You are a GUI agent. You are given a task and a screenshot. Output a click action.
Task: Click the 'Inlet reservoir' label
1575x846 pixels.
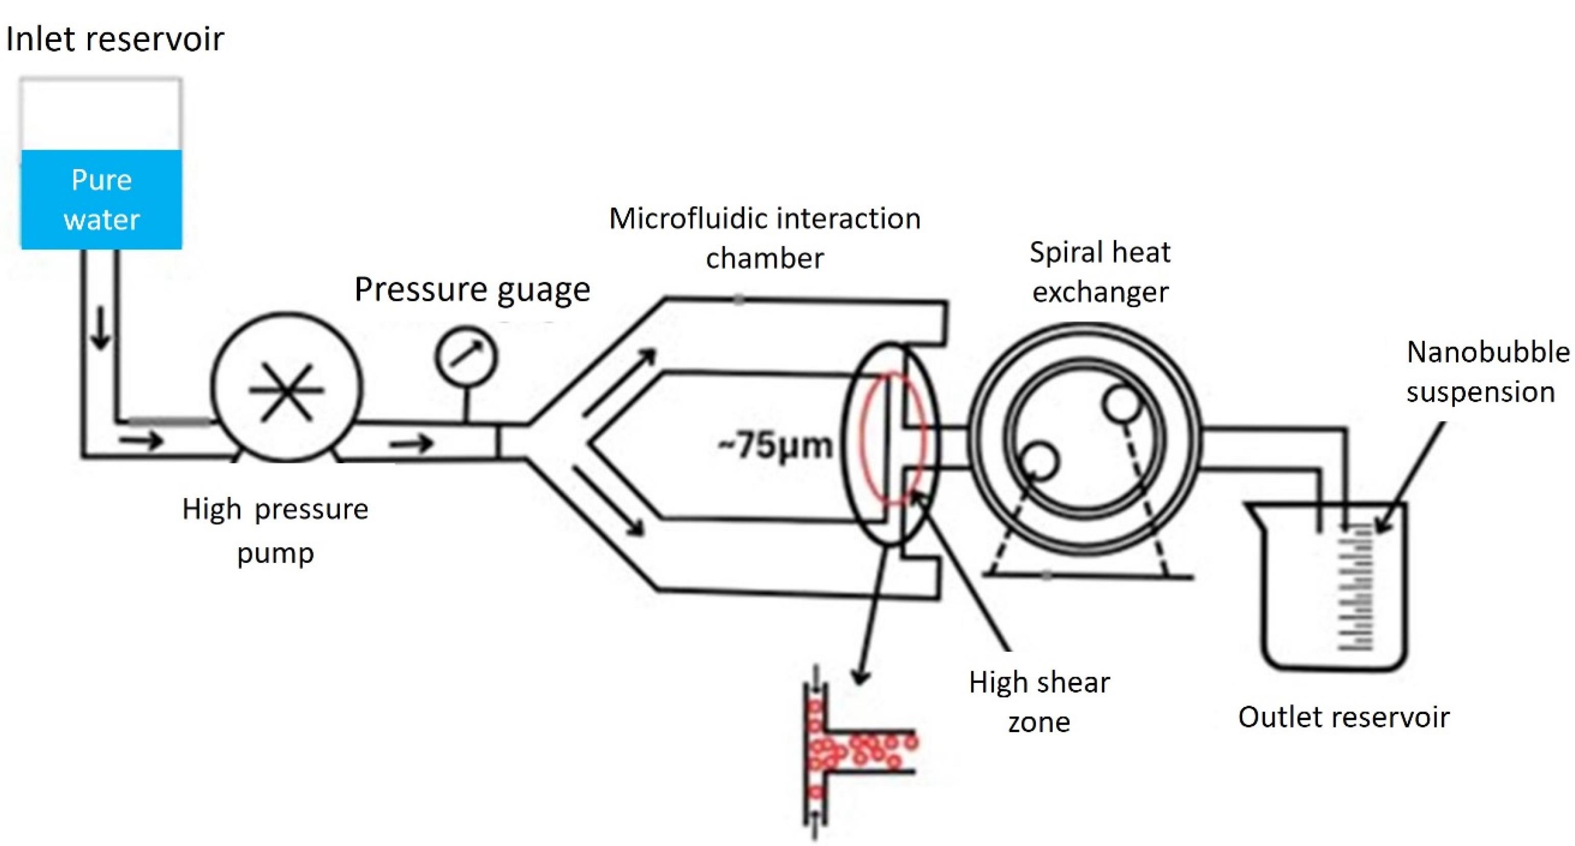coord(115,39)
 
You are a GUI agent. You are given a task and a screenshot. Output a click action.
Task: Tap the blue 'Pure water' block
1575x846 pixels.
coord(102,199)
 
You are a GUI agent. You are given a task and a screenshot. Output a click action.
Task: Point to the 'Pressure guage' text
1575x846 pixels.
coord(472,289)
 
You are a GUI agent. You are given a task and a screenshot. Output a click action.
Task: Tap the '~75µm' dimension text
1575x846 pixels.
coord(775,445)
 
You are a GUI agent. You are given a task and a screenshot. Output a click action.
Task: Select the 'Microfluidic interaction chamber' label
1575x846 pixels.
coord(765,238)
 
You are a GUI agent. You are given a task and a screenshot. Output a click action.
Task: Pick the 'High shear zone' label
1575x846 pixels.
coord(1039,702)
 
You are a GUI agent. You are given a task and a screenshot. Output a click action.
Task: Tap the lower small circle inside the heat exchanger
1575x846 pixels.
coord(1039,461)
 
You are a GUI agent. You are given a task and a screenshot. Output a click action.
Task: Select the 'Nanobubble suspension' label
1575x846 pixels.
coord(1487,372)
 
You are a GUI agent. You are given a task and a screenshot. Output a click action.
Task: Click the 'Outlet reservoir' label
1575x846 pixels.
coord(1344,718)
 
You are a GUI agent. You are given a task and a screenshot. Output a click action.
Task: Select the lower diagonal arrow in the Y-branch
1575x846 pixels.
coord(608,499)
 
